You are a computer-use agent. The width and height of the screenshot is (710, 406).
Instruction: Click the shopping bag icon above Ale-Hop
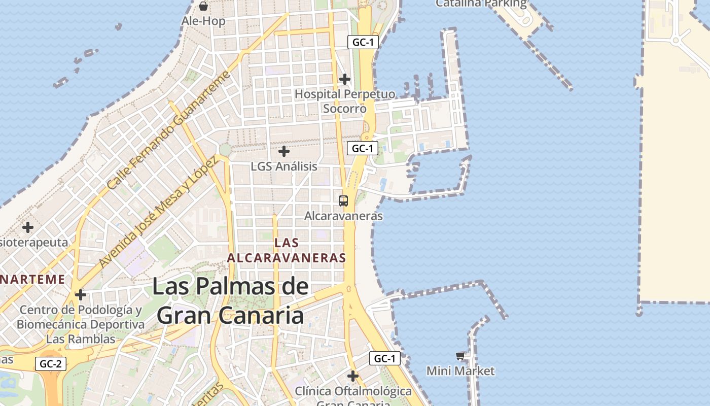(x=203, y=6)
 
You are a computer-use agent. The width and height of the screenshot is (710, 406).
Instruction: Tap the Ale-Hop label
(x=203, y=21)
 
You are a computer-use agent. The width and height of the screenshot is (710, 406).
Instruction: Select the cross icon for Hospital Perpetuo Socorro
(x=345, y=79)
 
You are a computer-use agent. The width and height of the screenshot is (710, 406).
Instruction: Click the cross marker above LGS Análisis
(x=284, y=151)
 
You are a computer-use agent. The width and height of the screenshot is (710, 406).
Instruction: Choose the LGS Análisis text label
(x=284, y=166)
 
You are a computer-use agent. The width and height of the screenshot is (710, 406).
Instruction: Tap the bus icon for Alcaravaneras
(x=343, y=200)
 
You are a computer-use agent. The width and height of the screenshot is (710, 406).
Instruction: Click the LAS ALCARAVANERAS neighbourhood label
(x=287, y=250)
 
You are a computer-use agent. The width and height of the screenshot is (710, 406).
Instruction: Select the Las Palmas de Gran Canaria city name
(x=230, y=301)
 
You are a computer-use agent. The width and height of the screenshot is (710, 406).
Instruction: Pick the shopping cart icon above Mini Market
(x=460, y=356)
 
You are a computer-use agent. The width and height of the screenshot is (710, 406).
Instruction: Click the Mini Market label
(x=460, y=371)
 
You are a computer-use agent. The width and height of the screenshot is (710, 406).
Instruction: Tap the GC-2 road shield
(x=51, y=364)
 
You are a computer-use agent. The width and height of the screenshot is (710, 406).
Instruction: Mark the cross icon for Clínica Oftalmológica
(x=353, y=376)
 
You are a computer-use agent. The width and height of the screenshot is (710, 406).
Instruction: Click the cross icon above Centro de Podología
(x=80, y=294)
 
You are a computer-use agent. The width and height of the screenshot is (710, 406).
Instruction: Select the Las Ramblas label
(x=81, y=339)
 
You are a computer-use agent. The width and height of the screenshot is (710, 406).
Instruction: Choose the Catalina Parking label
(x=481, y=4)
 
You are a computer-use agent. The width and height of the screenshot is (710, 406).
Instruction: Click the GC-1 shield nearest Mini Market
(x=384, y=359)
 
